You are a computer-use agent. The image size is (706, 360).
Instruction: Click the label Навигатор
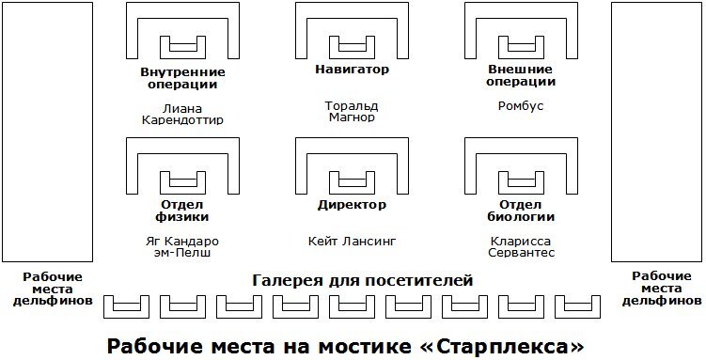pos(352,70)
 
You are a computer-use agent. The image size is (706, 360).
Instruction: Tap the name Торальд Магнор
pos(352,112)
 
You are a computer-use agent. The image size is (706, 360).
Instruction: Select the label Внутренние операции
pos(182,78)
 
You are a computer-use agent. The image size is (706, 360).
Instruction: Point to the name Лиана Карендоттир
pos(182,114)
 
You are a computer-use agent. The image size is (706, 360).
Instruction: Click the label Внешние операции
pos(520,76)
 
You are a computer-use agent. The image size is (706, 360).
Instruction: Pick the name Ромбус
pos(520,106)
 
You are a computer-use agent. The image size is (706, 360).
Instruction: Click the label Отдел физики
pos(182,211)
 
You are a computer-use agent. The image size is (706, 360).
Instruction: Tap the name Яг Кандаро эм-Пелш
pos(182,247)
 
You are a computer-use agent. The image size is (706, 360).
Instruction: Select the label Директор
pos(352,204)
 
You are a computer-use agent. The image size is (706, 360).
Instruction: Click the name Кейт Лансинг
pos(352,242)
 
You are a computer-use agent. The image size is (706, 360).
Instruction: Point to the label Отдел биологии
pos(520,211)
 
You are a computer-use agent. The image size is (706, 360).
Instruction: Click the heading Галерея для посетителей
pos(362,280)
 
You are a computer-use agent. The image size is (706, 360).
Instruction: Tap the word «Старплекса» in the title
pos(508,344)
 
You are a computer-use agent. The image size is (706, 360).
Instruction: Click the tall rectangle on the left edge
pos(46,132)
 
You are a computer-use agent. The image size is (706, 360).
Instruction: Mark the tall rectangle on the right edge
pos(655,132)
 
